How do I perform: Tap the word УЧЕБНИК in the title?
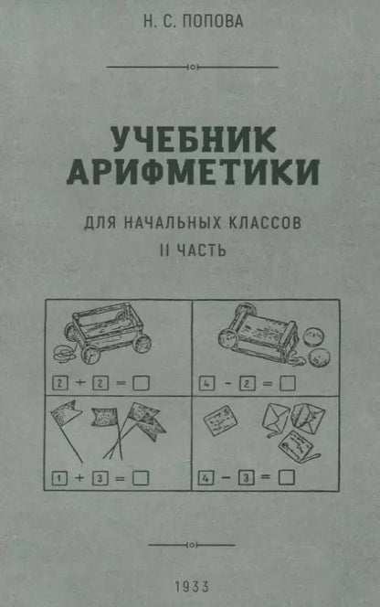[x=190, y=140]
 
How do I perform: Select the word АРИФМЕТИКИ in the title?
[x=190, y=174]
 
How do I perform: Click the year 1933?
[x=190, y=583]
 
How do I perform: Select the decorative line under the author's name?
[x=190, y=67]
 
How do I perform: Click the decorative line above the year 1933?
[x=190, y=543]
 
